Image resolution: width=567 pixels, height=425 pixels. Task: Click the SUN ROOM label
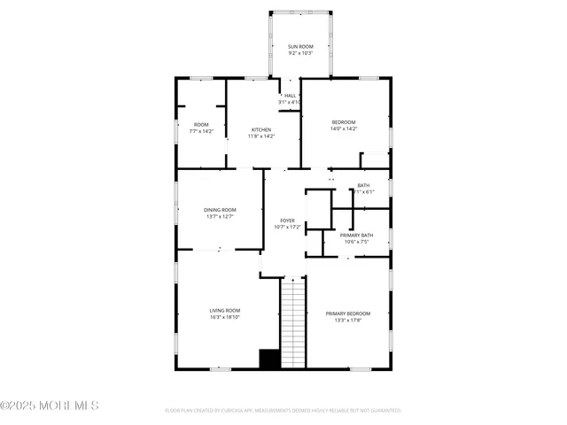coord(300,46)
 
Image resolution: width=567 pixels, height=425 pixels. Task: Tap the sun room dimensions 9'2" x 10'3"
coord(300,53)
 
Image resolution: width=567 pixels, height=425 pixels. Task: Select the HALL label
coord(290,96)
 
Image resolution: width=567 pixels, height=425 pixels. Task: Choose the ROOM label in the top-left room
coord(201,124)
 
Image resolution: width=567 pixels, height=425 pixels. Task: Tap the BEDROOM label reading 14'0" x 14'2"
coord(344,121)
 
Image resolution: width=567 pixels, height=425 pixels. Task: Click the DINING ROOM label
coord(220,209)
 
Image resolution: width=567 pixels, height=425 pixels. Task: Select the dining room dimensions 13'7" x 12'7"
coord(220,216)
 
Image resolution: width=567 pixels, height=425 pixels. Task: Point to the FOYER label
coord(287,220)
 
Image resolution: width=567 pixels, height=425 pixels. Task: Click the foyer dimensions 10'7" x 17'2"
coord(287,227)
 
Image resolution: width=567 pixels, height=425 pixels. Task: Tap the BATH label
coord(363,185)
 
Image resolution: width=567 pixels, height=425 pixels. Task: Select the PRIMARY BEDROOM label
coord(347,313)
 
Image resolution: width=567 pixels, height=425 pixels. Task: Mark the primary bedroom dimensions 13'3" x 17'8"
coord(347,321)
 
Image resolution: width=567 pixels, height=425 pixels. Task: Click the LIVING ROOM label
coord(225,310)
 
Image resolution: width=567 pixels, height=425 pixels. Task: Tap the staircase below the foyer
coord(292,323)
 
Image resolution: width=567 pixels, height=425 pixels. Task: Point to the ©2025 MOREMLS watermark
coord(50,406)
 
